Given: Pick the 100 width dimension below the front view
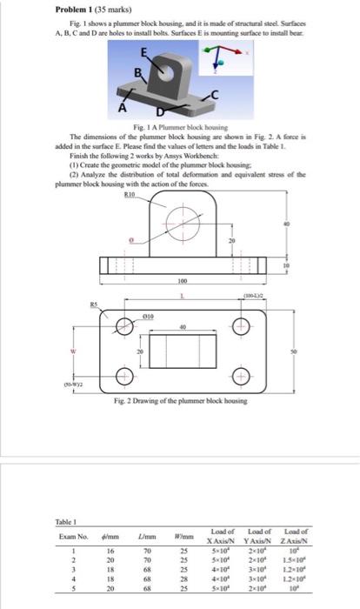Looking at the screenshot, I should pos(183,281).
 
